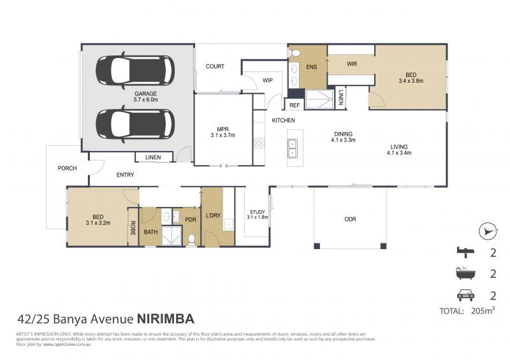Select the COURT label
(x=214, y=67)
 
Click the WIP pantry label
(x=268, y=80)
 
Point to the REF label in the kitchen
(x=294, y=105)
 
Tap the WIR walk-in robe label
(x=351, y=64)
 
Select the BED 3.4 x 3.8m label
(x=411, y=78)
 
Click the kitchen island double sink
(x=293, y=148)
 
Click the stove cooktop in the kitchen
(x=259, y=143)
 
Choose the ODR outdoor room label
(x=350, y=219)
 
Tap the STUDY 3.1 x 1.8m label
(x=257, y=214)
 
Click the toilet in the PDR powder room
(x=192, y=240)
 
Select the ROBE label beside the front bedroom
(x=133, y=227)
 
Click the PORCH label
(x=67, y=169)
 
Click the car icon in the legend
(x=465, y=294)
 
